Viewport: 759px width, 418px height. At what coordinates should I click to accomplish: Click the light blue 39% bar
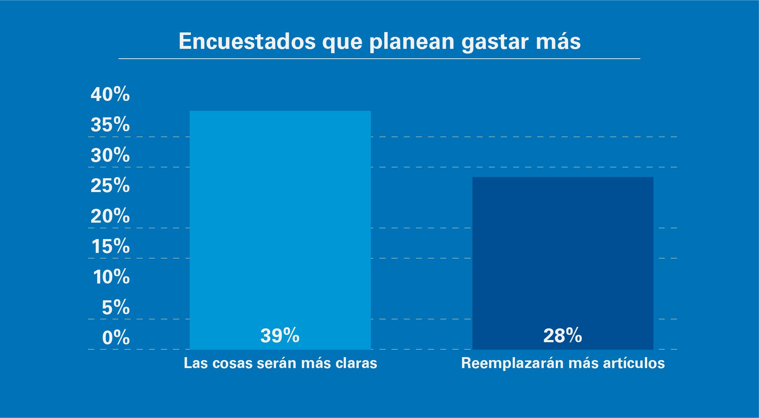tap(280, 219)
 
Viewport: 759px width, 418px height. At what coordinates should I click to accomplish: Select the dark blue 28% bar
tap(563, 255)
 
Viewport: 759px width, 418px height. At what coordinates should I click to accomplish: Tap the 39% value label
tap(280, 336)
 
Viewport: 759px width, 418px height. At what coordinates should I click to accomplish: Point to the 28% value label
tap(562, 336)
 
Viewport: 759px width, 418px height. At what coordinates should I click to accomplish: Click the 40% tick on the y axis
tap(110, 95)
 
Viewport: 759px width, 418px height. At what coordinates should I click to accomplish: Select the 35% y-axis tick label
tap(110, 125)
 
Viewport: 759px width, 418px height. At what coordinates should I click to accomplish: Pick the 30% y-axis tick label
tap(110, 156)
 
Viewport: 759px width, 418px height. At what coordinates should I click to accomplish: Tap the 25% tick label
tap(110, 186)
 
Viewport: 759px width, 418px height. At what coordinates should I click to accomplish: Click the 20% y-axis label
tap(110, 216)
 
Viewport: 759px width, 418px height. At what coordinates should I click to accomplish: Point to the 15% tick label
tap(110, 247)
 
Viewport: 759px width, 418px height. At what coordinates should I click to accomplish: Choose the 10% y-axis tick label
tap(111, 277)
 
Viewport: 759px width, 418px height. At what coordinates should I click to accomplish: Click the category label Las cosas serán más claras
tap(280, 363)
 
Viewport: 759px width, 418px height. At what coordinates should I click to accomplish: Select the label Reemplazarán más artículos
tap(563, 363)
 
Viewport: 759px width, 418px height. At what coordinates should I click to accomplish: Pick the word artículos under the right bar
tap(636, 363)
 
